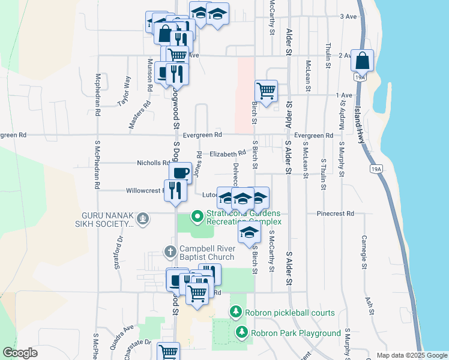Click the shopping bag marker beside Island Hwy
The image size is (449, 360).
[x=363, y=61]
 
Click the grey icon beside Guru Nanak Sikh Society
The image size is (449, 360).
[x=143, y=219]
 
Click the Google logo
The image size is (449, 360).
[x=20, y=353]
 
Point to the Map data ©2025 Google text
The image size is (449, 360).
[x=411, y=355]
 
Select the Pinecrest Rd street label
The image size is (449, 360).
[x=335, y=214]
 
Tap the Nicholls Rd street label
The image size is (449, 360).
[x=153, y=163]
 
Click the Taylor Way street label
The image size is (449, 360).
[x=124, y=91]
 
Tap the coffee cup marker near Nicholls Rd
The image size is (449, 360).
[x=180, y=173]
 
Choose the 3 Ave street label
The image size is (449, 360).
[x=348, y=16]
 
